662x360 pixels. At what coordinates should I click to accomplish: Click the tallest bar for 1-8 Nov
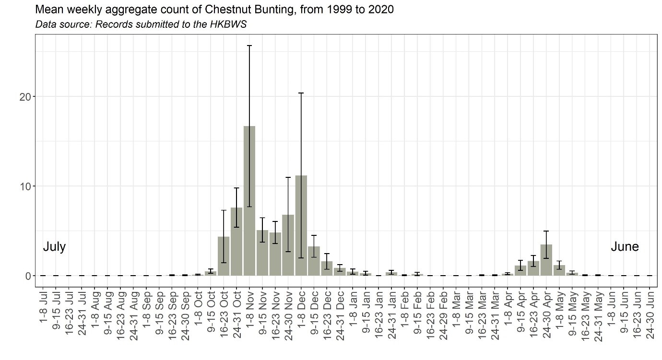click(x=249, y=201)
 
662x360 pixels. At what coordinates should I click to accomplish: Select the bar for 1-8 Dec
click(x=301, y=225)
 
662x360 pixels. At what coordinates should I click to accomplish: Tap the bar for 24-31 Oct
click(x=236, y=242)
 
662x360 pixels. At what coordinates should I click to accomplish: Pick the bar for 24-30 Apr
click(x=546, y=260)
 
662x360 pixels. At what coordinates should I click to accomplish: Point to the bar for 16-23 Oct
click(x=224, y=256)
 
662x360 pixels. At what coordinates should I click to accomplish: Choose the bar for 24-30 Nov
click(x=288, y=245)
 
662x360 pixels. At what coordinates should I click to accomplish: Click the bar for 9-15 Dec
click(x=314, y=261)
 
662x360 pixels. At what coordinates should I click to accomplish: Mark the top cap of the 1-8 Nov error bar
click(x=249, y=46)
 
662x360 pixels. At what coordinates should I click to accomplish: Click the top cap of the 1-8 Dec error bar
click(x=301, y=93)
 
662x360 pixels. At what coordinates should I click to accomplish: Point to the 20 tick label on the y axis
click(x=25, y=96)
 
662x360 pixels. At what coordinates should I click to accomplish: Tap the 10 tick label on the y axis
click(x=25, y=186)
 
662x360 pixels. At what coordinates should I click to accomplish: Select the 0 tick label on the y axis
click(x=28, y=276)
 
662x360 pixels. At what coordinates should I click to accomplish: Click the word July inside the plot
click(x=54, y=247)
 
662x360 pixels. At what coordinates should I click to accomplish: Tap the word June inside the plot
click(x=625, y=247)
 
